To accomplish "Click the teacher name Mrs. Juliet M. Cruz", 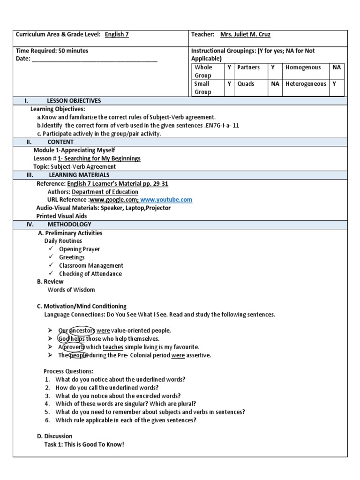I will (x=245, y=35).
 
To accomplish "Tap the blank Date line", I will (x=94, y=59).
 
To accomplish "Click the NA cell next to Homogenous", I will (x=337, y=67).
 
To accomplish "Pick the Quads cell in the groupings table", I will (x=246, y=84).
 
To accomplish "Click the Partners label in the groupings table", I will (x=248, y=67).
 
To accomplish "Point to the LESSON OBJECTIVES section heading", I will (x=74, y=101).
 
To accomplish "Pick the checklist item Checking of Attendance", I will (x=90, y=274).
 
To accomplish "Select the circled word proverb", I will (x=74, y=347).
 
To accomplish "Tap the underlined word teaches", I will (x=113, y=347).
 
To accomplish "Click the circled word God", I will (x=63, y=338).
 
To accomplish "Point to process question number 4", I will (x=126, y=404).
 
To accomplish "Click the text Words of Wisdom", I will (x=71, y=290).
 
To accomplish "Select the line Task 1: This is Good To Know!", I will (x=84, y=444).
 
